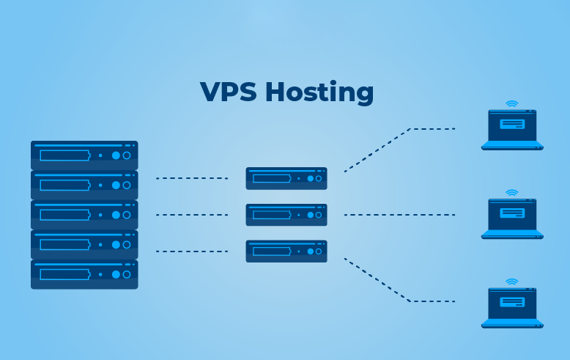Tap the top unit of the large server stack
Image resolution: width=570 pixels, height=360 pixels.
pyautogui.click(x=84, y=155)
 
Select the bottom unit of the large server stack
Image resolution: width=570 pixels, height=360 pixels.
pyautogui.click(x=84, y=274)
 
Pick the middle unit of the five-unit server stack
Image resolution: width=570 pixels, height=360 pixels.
pyautogui.click(x=84, y=215)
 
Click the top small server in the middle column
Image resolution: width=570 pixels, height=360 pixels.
pyautogui.click(x=286, y=178)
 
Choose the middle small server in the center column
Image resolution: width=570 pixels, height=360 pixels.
pyautogui.click(x=286, y=215)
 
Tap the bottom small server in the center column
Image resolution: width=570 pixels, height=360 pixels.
pyautogui.click(x=286, y=251)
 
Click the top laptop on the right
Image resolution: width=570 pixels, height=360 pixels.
pyautogui.click(x=512, y=131)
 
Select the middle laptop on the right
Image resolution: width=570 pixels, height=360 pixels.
pyautogui.click(x=512, y=218)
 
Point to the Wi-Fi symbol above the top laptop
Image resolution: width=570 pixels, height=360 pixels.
pyautogui.click(x=512, y=104)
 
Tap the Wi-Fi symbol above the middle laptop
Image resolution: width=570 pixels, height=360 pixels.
pyautogui.click(x=512, y=193)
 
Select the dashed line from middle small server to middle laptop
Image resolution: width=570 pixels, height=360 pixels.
pyautogui.click(x=399, y=215)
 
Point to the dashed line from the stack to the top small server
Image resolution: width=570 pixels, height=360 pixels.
pyautogui.click(x=192, y=178)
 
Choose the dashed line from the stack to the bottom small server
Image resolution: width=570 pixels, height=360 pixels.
pyautogui.click(x=192, y=251)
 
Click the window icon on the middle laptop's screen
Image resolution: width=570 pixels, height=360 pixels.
pyautogui.click(x=512, y=213)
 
